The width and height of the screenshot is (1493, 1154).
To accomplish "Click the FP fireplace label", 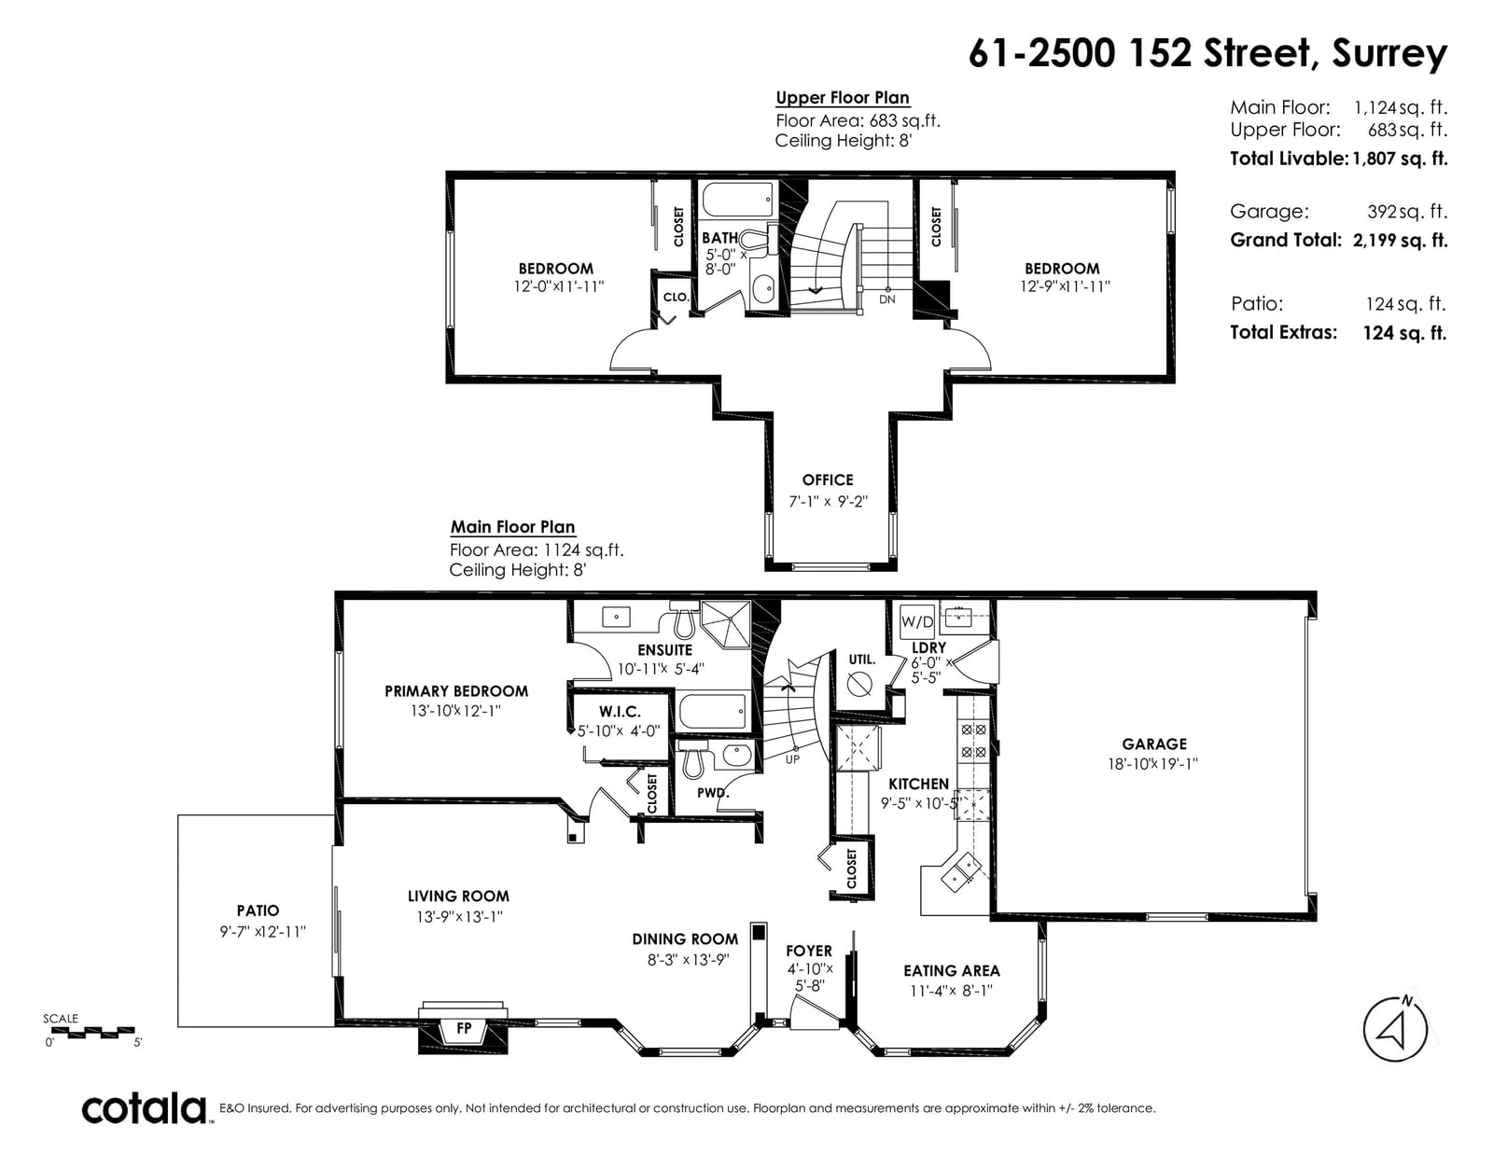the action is (x=464, y=1028).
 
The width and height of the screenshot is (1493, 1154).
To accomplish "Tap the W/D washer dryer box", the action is (x=917, y=621).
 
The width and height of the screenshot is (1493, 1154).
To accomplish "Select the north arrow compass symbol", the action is (x=1395, y=1029).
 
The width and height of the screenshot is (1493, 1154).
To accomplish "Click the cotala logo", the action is (x=145, y=1108).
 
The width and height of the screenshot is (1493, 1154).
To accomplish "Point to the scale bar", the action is (x=92, y=1033).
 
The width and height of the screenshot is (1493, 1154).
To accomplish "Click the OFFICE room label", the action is (x=828, y=480).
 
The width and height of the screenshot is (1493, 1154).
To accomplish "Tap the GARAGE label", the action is (x=1154, y=744).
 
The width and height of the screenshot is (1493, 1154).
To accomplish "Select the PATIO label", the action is (x=258, y=911).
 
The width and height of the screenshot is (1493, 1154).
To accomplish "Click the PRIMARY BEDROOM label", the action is (x=456, y=691).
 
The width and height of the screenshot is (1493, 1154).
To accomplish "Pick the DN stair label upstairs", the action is (x=887, y=299).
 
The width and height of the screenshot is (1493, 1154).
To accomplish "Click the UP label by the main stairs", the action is (x=793, y=759).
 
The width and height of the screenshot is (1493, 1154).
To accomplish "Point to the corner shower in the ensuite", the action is (x=726, y=624).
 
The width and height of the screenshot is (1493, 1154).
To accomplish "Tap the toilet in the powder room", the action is (x=692, y=758).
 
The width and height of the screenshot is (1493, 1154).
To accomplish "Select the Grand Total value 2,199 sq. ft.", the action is (x=1401, y=241).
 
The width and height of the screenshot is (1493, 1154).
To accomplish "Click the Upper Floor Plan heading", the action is (x=843, y=98).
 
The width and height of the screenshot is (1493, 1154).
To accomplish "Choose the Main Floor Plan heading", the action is (x=512, y=527).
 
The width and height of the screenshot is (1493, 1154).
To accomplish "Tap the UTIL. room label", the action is (x=861, y=660).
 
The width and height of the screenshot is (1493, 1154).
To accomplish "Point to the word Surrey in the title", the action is (x=1389, y=55).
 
